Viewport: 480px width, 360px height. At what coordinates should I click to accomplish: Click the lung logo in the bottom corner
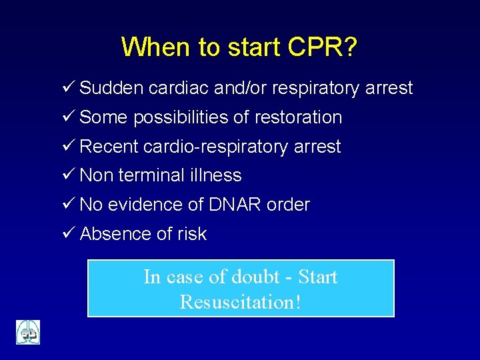(x=28, y=332)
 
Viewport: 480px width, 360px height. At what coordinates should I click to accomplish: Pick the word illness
(x=215, y=175)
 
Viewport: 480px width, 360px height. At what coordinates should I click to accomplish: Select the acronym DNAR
(x=228, y=205)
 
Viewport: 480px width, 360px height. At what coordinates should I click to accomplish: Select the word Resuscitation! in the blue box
(x=241, y=302)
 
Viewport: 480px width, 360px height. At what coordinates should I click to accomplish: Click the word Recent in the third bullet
(x=109, y=147)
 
